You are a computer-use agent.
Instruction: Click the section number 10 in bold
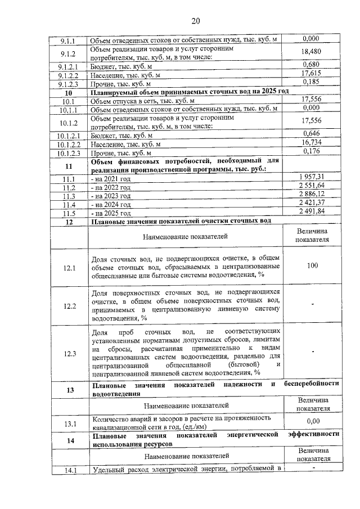pos(69,91)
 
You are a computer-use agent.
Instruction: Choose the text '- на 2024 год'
pos(111,205)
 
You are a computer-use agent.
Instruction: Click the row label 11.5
pos(69,214)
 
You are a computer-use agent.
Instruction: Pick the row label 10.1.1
pos(69,109)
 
